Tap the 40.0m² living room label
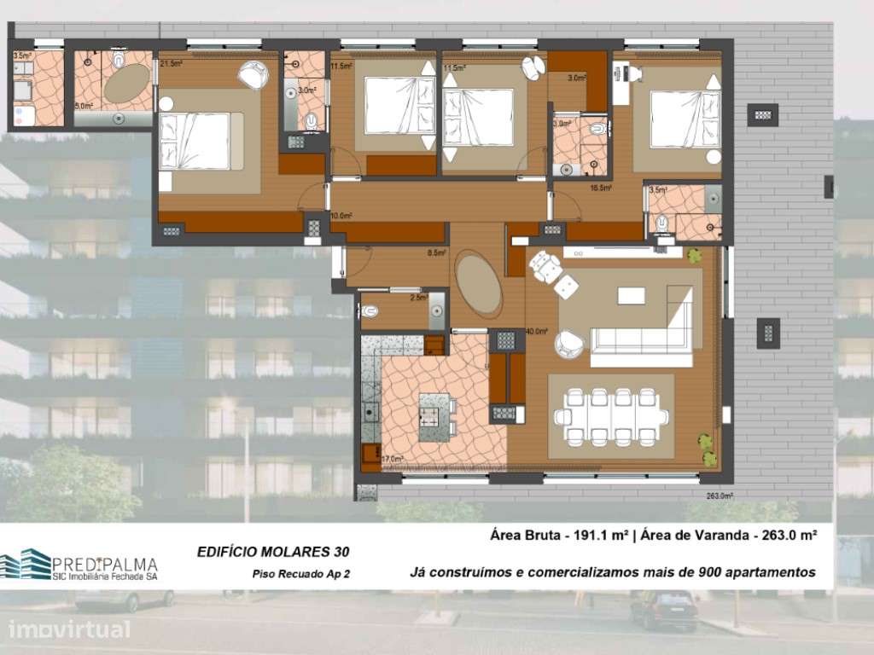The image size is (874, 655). (536, 332)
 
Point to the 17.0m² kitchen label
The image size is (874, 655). (393, 459)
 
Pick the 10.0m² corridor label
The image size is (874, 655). (341, 216)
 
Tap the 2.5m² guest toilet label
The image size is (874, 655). (419, 298)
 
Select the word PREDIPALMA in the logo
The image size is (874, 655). (105, 564)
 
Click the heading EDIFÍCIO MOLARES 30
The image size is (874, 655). (272, 552)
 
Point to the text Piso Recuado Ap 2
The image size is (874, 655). (302, 574)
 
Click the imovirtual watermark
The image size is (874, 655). (70, 630)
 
